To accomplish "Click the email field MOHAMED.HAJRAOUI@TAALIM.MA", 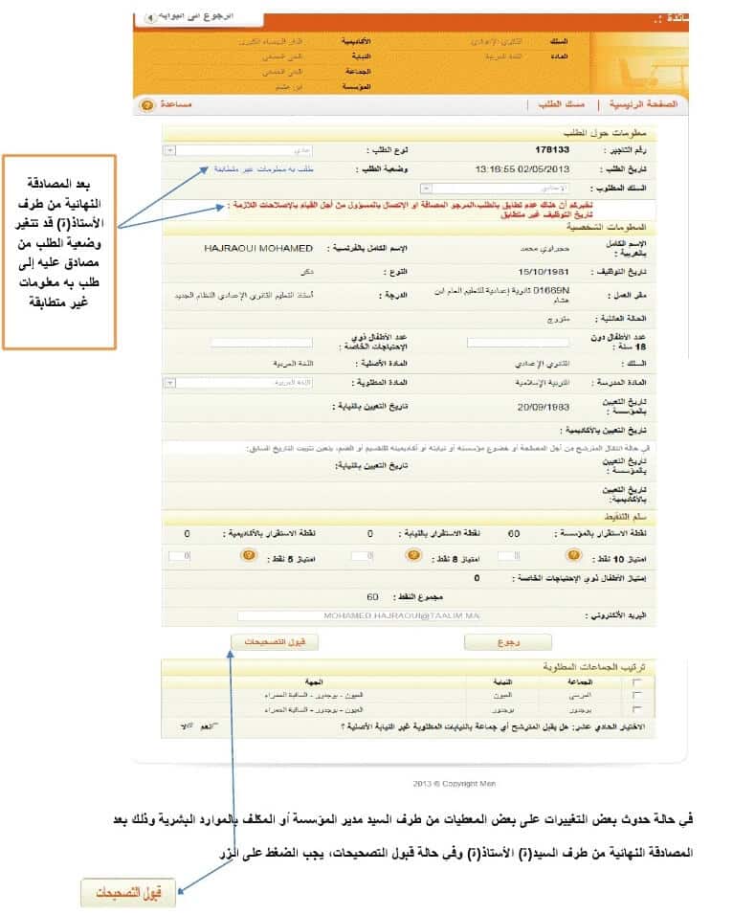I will [402, 614].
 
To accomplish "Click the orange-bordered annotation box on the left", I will [58, 252].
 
